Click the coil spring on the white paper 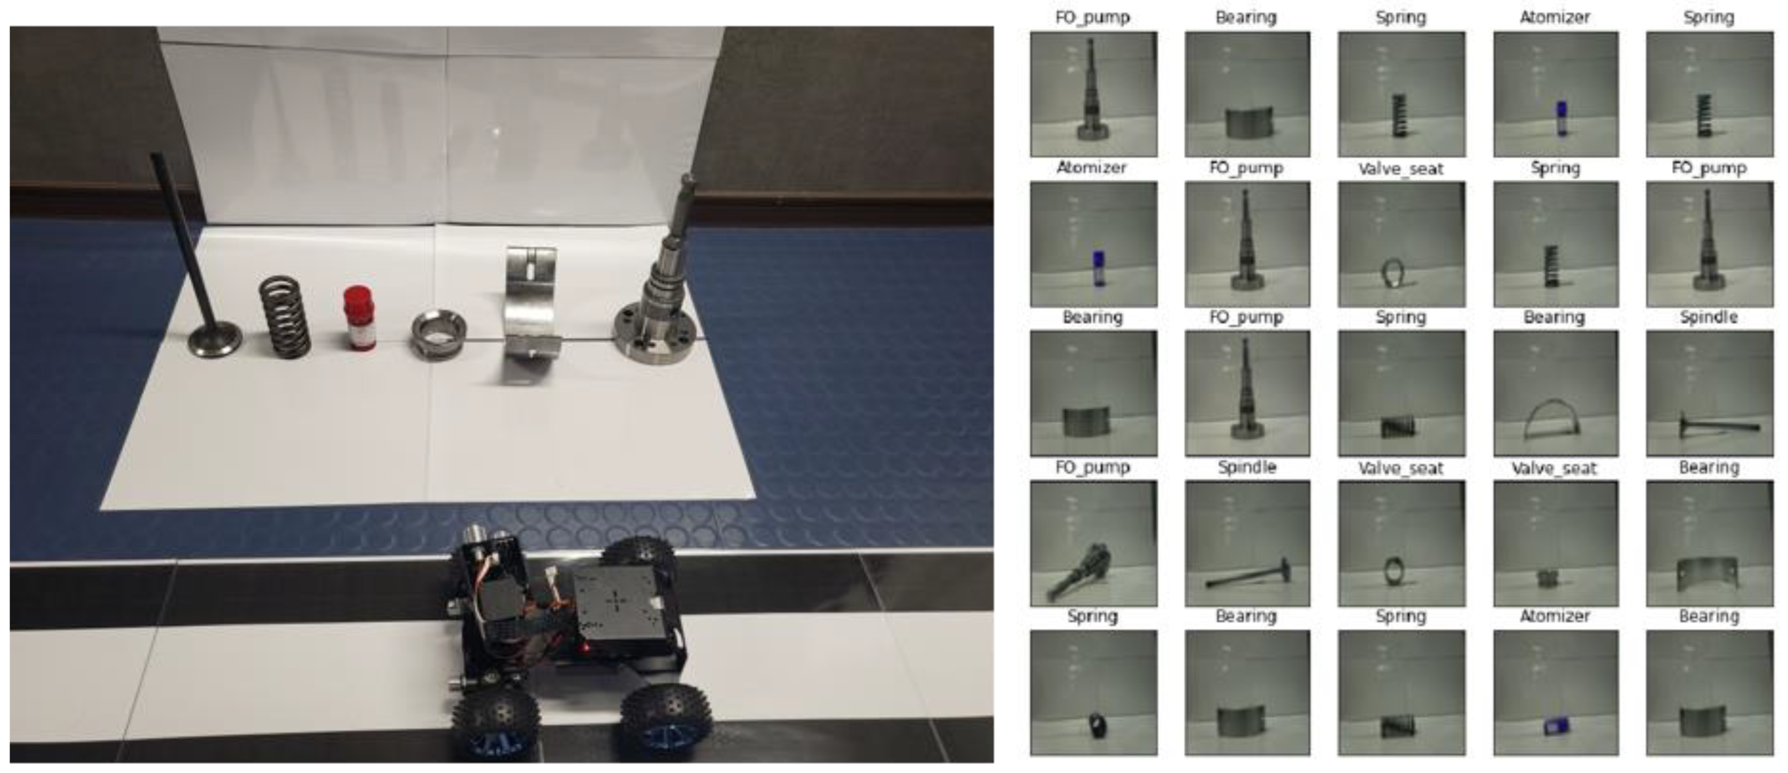(284, 316)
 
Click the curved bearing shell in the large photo (531, 303)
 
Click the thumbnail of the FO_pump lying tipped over (1093, 543)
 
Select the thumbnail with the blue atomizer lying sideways (1555, 692)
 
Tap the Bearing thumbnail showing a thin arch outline (1555, 393)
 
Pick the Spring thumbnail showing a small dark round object (1093, 692)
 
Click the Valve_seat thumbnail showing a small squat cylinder (1555, 543)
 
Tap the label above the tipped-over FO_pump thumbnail (1092, 468)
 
